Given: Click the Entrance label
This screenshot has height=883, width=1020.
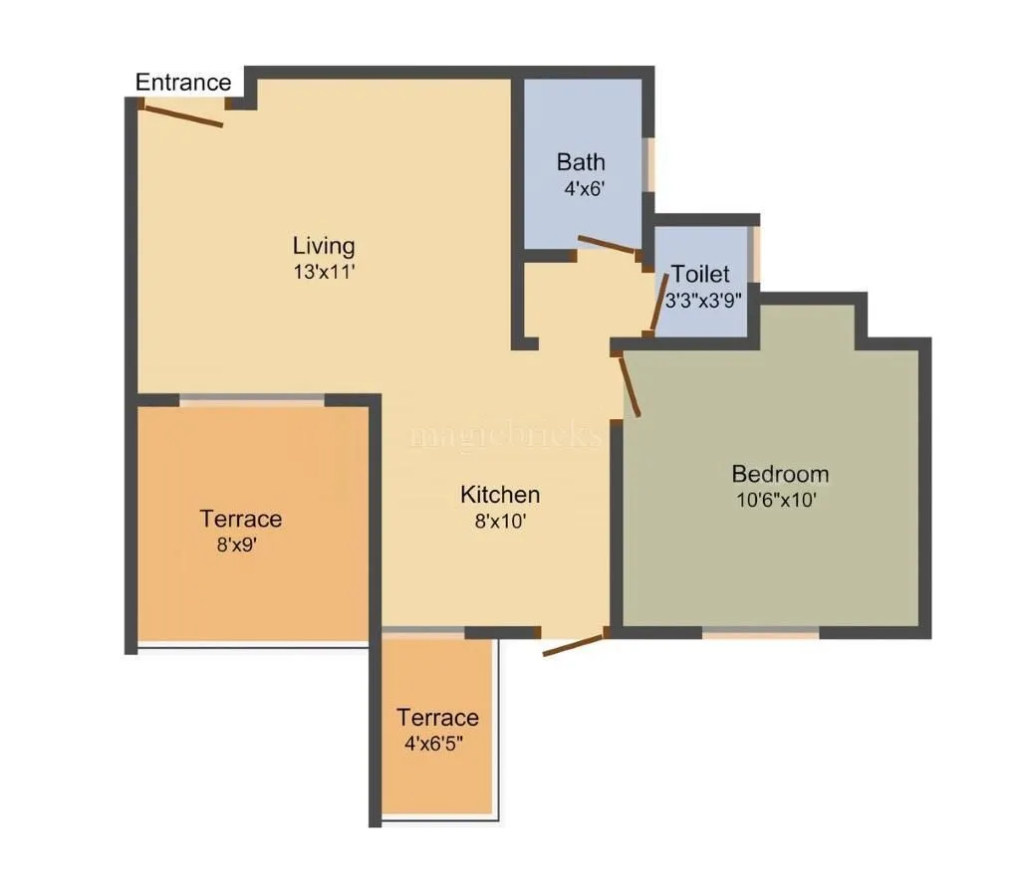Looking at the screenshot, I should tap(183, 83).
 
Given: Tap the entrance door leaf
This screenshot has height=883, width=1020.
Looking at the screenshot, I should tap(180, 114).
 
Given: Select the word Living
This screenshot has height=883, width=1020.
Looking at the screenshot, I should tap(324, 245).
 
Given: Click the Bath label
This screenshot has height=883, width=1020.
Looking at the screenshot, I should tap(581, 161).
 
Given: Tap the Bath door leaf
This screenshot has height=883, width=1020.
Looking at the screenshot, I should tap(608, 245).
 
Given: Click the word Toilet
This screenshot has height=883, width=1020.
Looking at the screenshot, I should tap(700, 274).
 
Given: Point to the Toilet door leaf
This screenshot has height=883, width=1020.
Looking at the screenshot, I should tap(656, 304).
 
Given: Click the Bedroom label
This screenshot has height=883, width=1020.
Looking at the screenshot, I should tap(780, 474).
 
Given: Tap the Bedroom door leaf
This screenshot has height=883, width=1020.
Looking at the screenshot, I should tap(629, 385).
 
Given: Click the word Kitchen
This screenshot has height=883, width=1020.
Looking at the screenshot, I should tap(500, 495).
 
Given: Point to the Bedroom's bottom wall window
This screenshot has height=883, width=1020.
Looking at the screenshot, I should tap(761, 632).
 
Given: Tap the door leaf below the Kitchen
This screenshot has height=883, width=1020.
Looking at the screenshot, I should tap(573, 644).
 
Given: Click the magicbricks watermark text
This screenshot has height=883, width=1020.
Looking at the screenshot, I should tap(507, 435).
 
